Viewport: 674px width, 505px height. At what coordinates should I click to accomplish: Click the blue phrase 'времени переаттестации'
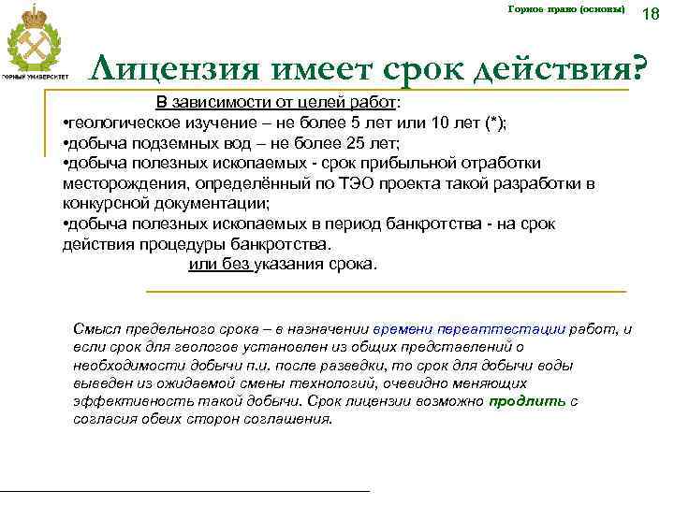click(468, 329)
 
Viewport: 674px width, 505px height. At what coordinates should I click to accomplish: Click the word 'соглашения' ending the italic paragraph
click(291, 418)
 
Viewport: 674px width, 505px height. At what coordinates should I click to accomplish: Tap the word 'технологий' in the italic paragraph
click(309, 382)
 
